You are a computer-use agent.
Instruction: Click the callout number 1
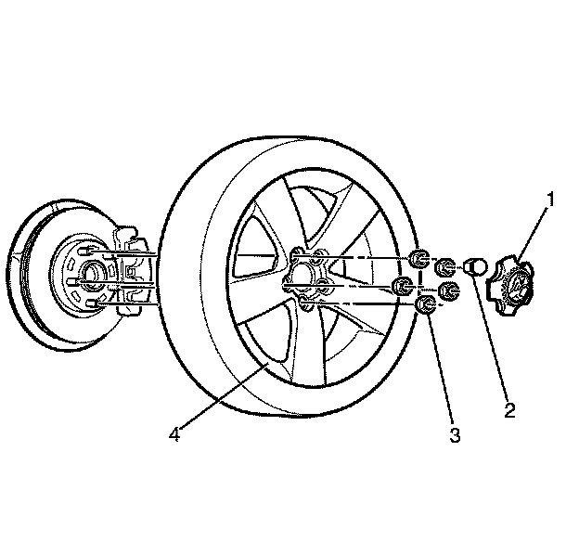(550, 198)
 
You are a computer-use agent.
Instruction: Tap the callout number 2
(508, 406)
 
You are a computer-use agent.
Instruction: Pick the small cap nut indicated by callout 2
(474, 266)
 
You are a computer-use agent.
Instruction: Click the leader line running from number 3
(442, 371)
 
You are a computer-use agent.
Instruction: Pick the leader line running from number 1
(535, 233)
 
